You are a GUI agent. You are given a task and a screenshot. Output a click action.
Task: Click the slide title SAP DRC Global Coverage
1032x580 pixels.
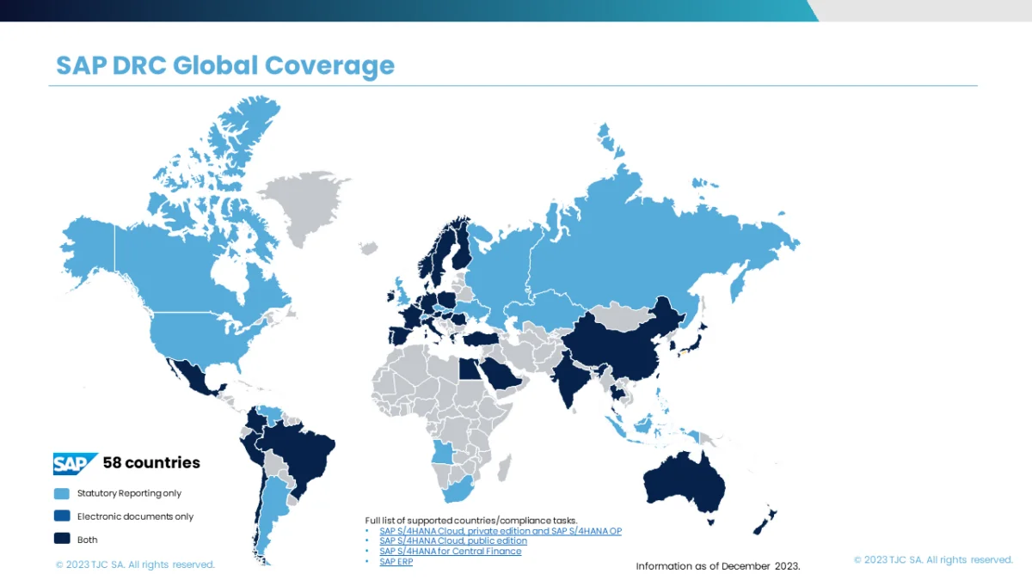click(x=225, y=65)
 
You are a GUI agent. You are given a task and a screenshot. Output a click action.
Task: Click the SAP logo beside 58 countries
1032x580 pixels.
click(x=75, y=463)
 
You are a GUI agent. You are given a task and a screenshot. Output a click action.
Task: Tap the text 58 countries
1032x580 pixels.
click(x=151, y=463)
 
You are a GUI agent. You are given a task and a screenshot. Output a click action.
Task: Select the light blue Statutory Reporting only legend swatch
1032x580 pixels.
click(x=62, y=494)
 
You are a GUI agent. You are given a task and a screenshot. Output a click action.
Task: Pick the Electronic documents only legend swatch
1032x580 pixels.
click(x=62, y=517)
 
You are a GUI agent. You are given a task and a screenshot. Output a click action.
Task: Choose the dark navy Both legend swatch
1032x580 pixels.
click(x=62, y=540)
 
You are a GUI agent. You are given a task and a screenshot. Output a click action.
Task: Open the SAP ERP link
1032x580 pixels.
click(x=396, y=562)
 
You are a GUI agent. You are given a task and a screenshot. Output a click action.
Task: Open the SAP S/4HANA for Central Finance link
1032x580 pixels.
click(x=450, y=552)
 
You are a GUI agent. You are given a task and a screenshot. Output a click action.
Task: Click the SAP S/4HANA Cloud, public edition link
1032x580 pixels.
click(x=453, y=541)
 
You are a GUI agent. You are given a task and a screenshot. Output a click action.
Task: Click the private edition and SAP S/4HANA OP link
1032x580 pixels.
click(x=500, y=531)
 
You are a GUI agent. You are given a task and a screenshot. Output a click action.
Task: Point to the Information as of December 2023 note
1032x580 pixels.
click(x=718, y=566)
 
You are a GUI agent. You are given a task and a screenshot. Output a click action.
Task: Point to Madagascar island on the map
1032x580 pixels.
click(x=505, y=467)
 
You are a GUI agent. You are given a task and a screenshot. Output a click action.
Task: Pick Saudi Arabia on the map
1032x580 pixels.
click(x=497, y=371)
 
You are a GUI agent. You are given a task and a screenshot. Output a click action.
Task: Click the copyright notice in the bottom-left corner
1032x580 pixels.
click(x=135, y=565)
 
